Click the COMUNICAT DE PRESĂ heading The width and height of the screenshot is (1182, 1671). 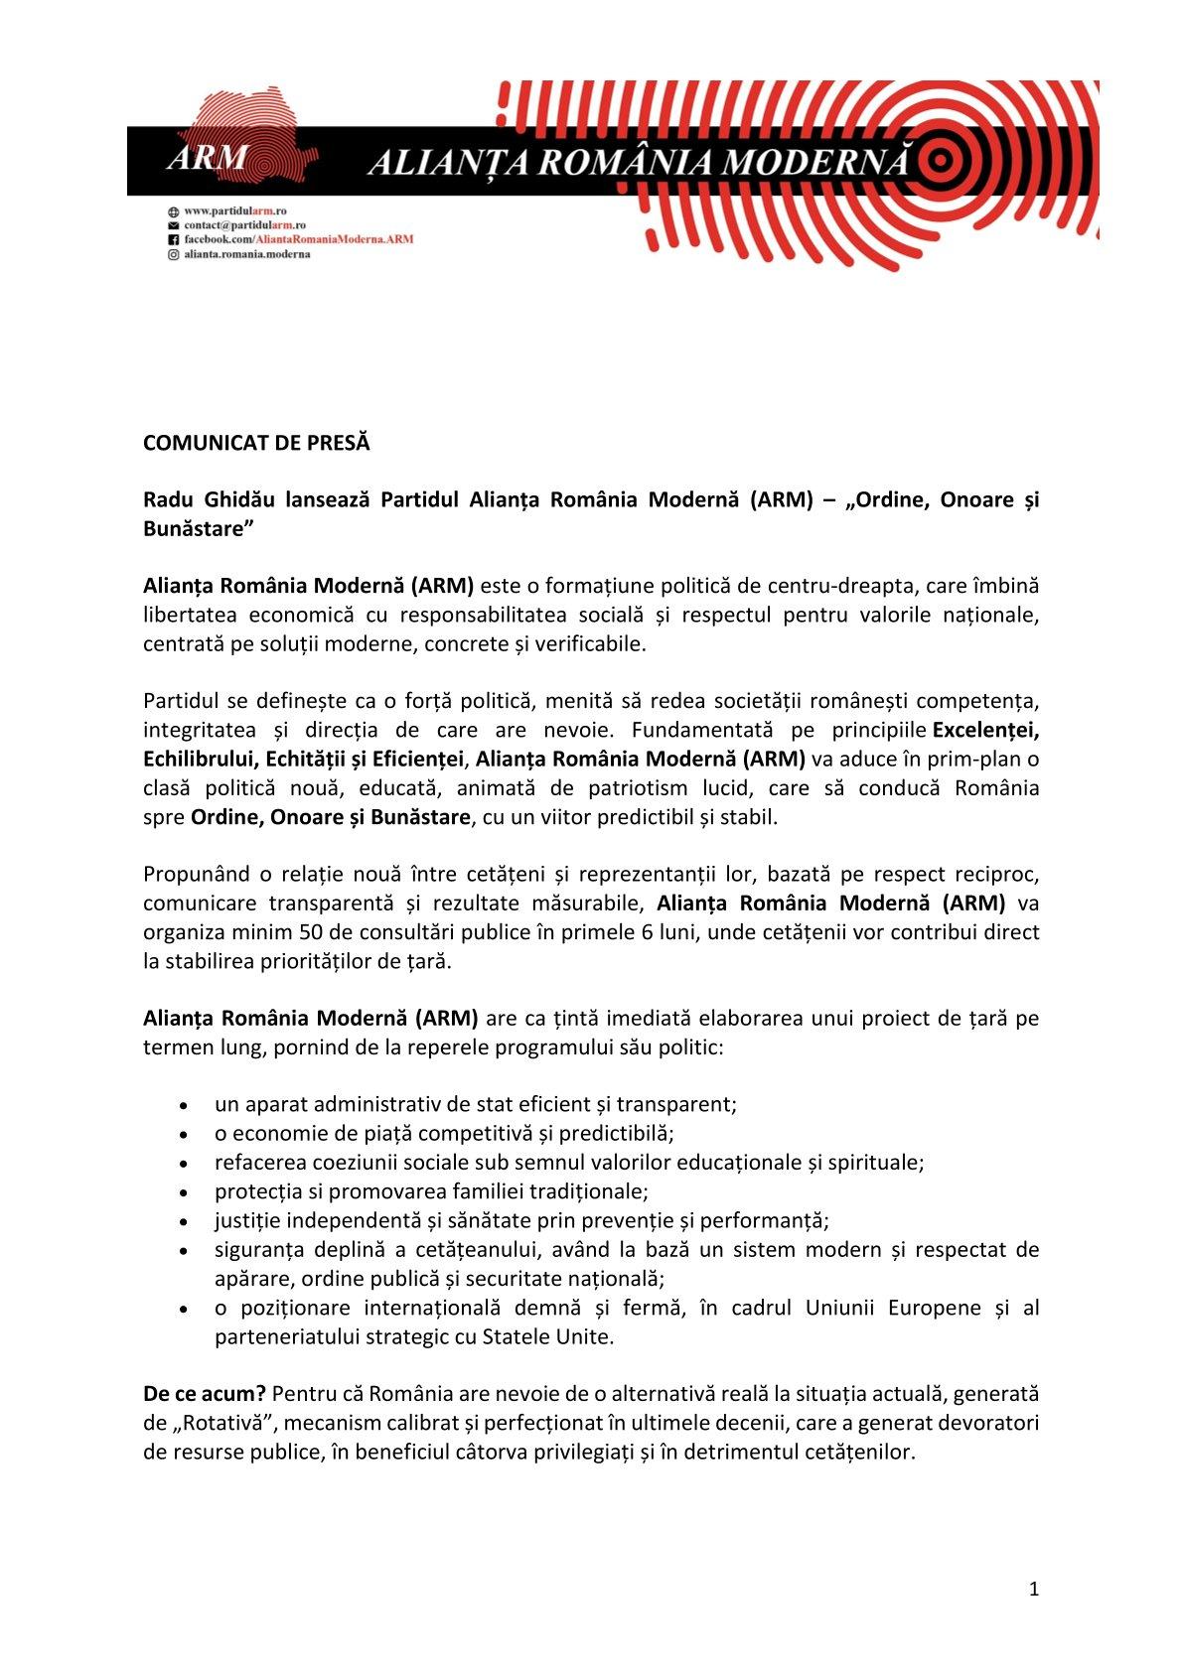click(256, 443)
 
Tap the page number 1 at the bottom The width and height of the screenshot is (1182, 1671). click(1034, 1589)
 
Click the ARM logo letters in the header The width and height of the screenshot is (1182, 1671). click(208, 158)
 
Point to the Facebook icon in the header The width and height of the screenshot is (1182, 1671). click(173, 239)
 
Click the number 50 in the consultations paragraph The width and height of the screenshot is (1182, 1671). click(311, 932)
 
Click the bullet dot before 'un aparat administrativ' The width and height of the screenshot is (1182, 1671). click(184, 1104)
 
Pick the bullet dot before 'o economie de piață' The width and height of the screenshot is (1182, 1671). click(184, 1134)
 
